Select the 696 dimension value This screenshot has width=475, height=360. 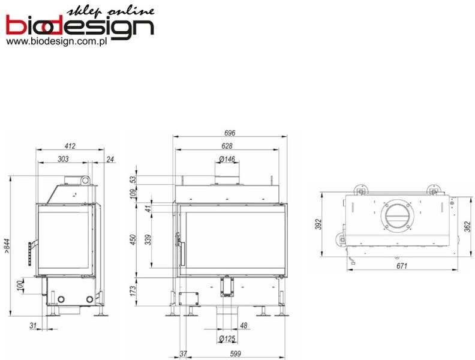coord(229,133)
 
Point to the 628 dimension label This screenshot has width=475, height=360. coord(227,146)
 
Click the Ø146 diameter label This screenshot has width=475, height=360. coord(227,159)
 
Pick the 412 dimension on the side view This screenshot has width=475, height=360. coord(70,146)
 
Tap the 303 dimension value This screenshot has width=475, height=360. coord(63,159)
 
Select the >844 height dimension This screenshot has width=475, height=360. coord(7,246)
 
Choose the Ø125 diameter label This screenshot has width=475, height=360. coord(227,340)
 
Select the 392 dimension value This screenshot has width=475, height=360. coord(320,224)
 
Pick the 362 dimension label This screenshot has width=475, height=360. coord(467,226)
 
